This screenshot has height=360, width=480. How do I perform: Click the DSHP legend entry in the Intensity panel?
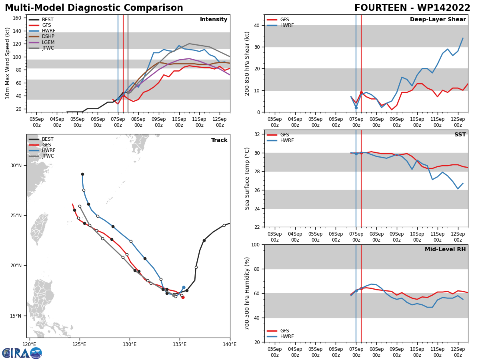[42, 36]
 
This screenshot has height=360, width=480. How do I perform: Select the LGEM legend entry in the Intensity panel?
[42, 42]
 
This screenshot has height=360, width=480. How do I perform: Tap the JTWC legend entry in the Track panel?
[41, 156]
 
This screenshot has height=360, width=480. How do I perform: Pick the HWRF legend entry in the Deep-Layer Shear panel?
[280, 25]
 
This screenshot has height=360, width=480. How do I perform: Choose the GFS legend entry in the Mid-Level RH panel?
[278, 331]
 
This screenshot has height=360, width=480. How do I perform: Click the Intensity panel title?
[214, 20]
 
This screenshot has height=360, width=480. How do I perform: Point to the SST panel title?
[460, 134]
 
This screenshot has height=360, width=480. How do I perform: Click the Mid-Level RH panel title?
[445, 249]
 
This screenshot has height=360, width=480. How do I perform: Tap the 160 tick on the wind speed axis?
[17, 18]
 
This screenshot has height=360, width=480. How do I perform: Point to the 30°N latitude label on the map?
[16, 166]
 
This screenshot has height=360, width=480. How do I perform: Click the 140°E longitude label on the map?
[230, 344]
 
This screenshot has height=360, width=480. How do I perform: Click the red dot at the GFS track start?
[183, 297]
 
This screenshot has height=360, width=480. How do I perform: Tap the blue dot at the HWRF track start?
[184, 288]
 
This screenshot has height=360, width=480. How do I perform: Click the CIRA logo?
[22, 353]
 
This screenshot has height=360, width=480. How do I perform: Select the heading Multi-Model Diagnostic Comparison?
[94, 8]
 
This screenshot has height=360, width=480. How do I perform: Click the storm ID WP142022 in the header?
[444, 8]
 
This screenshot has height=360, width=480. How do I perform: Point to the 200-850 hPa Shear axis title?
[247, 64]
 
